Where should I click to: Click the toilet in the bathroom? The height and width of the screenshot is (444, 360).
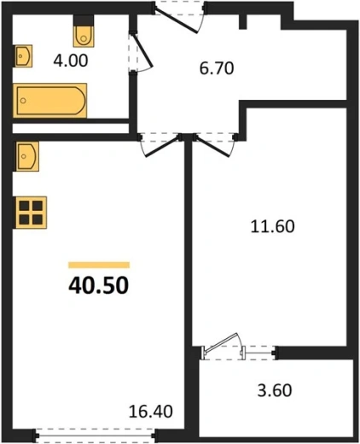84,36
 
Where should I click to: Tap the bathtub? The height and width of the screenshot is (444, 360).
50,100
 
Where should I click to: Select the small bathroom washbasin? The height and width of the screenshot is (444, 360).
23,56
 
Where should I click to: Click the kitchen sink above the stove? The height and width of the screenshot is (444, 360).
26,156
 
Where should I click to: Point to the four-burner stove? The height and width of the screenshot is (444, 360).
30,213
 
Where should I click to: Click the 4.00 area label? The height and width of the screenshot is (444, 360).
71,61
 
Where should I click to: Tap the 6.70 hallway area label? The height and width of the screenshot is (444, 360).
217,68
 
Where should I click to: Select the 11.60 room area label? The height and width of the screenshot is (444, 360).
272,227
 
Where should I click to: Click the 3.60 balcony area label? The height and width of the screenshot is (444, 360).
275,390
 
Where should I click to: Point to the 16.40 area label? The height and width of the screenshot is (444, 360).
151,412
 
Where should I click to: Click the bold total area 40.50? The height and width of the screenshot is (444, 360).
98,285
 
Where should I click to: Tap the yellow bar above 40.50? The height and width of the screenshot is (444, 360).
99,265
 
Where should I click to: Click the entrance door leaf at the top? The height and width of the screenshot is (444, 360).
177,20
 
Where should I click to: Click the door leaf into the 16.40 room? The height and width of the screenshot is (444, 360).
163,146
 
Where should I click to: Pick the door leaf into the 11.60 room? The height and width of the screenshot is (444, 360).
212,146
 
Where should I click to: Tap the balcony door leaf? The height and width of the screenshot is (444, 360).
221,342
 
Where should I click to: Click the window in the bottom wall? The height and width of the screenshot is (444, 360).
95,435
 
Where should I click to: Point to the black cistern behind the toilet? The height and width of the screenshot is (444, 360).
84,20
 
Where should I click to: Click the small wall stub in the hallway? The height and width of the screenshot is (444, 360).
242,21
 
